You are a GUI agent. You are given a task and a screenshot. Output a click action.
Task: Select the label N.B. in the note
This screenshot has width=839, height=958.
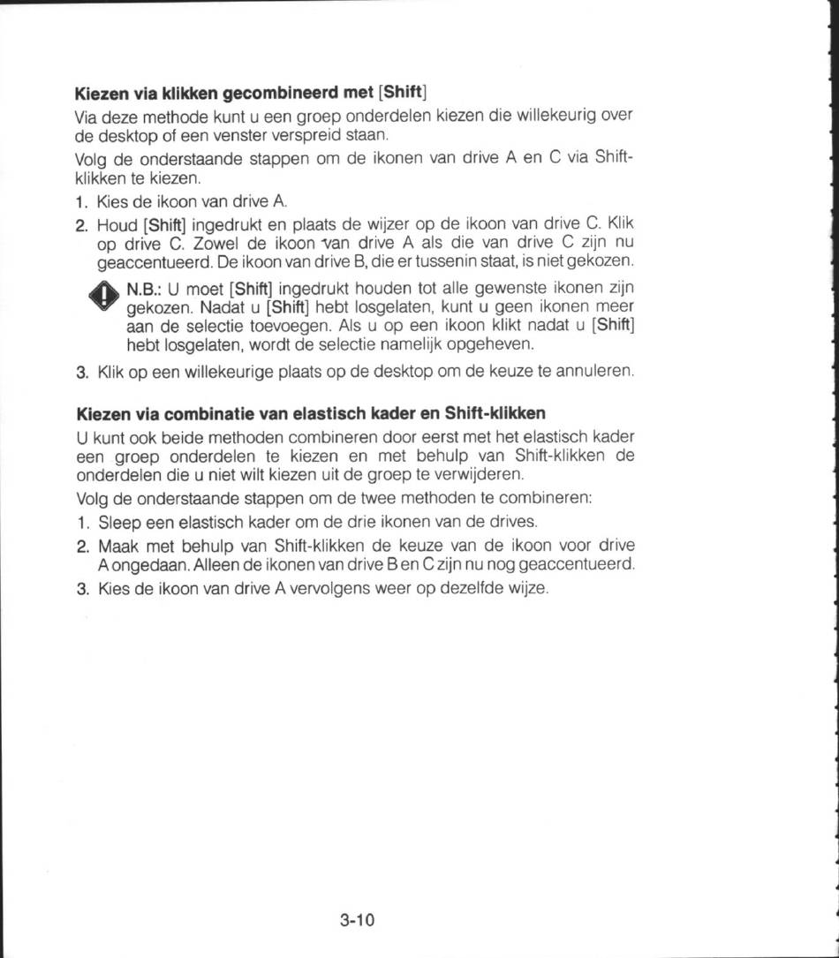[x=143, y=289]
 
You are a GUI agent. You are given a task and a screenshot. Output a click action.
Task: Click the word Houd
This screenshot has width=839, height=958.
[x=116, y=224]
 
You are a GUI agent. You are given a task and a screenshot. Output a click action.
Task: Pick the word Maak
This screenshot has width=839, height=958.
[x=116, y=544]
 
